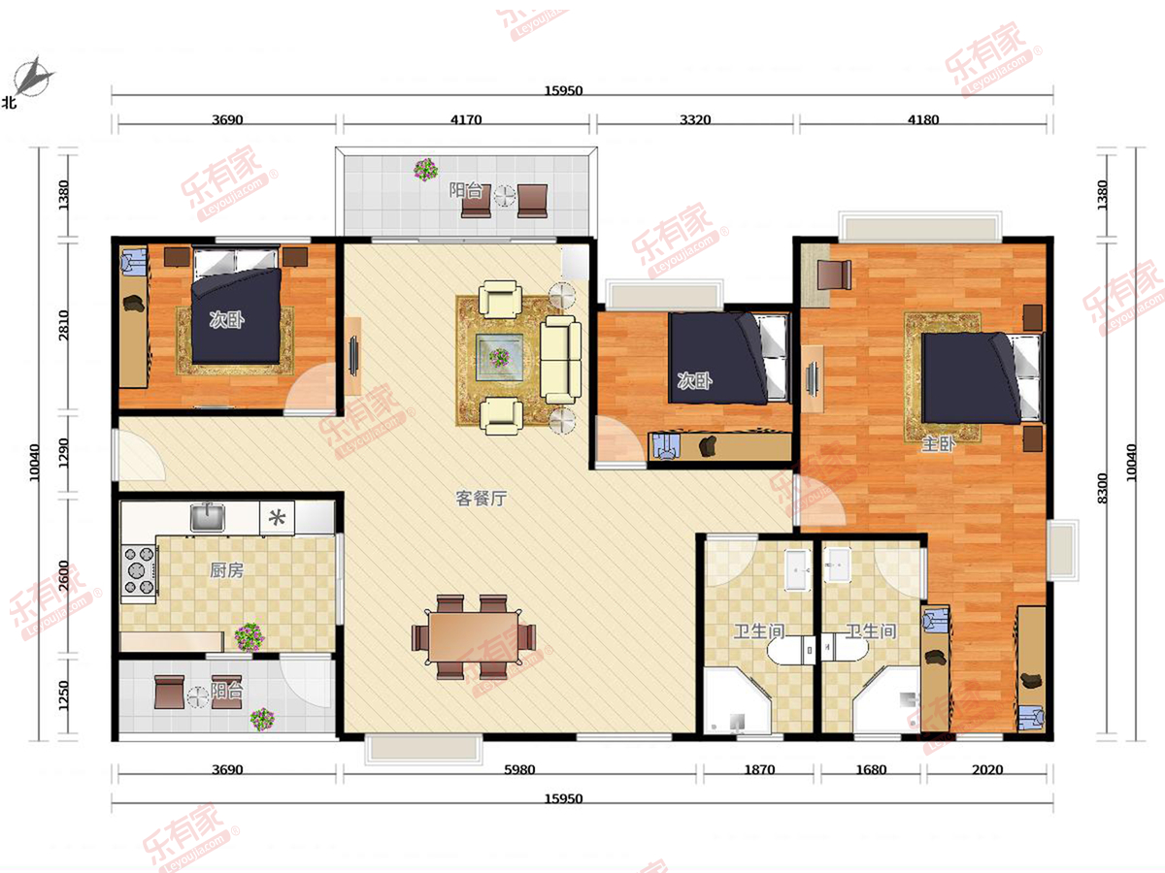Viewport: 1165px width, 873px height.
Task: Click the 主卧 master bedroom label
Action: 939,443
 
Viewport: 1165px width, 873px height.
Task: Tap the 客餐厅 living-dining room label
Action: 482,499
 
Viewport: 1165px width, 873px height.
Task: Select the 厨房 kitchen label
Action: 226,570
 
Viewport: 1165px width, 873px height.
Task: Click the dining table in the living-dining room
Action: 474,637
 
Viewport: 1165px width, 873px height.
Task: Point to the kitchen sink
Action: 208,517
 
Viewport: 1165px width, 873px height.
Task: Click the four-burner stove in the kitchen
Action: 139,570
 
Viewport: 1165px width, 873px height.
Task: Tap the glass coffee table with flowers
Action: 499,357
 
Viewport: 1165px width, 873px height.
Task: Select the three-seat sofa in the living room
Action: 560,360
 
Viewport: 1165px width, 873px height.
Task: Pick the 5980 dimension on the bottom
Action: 519,769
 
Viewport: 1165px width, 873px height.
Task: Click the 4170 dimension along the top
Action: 466,119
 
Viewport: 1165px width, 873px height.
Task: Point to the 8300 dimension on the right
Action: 1102,488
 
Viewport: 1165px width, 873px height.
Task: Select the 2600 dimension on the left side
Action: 64,575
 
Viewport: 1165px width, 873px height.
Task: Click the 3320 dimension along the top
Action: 695,119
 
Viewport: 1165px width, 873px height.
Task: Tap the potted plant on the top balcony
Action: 425,170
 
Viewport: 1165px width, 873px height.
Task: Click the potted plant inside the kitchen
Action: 250,637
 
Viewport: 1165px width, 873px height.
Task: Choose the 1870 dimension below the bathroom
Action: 759,769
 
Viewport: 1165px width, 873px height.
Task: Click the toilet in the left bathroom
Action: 791,650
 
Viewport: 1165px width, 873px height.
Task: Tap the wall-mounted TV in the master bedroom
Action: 812,378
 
